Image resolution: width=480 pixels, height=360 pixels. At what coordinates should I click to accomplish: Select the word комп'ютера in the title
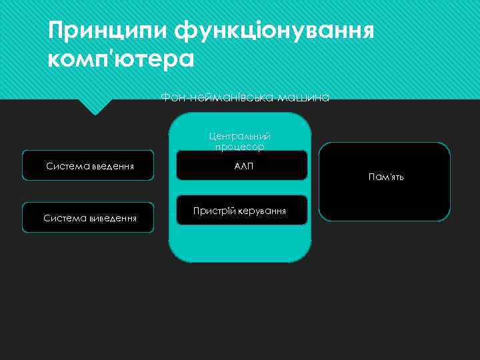tap(121, 59)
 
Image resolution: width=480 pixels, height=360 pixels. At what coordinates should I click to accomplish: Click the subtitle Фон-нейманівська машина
tap(245, 98)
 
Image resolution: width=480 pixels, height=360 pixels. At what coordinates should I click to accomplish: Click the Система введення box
tap(88, 165)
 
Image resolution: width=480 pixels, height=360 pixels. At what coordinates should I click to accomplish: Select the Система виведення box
tap(88, 217)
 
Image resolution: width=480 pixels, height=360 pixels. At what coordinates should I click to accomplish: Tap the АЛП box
tap(241, 165)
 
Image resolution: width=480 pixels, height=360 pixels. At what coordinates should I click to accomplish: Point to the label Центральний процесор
tap(240, 141)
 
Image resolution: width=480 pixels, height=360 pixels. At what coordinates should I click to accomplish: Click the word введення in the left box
tap(111, 166)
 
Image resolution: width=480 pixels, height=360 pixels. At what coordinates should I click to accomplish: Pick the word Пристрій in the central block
tap(211, 211)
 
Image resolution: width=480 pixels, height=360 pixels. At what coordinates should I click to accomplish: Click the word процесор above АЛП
tap(240, 147)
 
